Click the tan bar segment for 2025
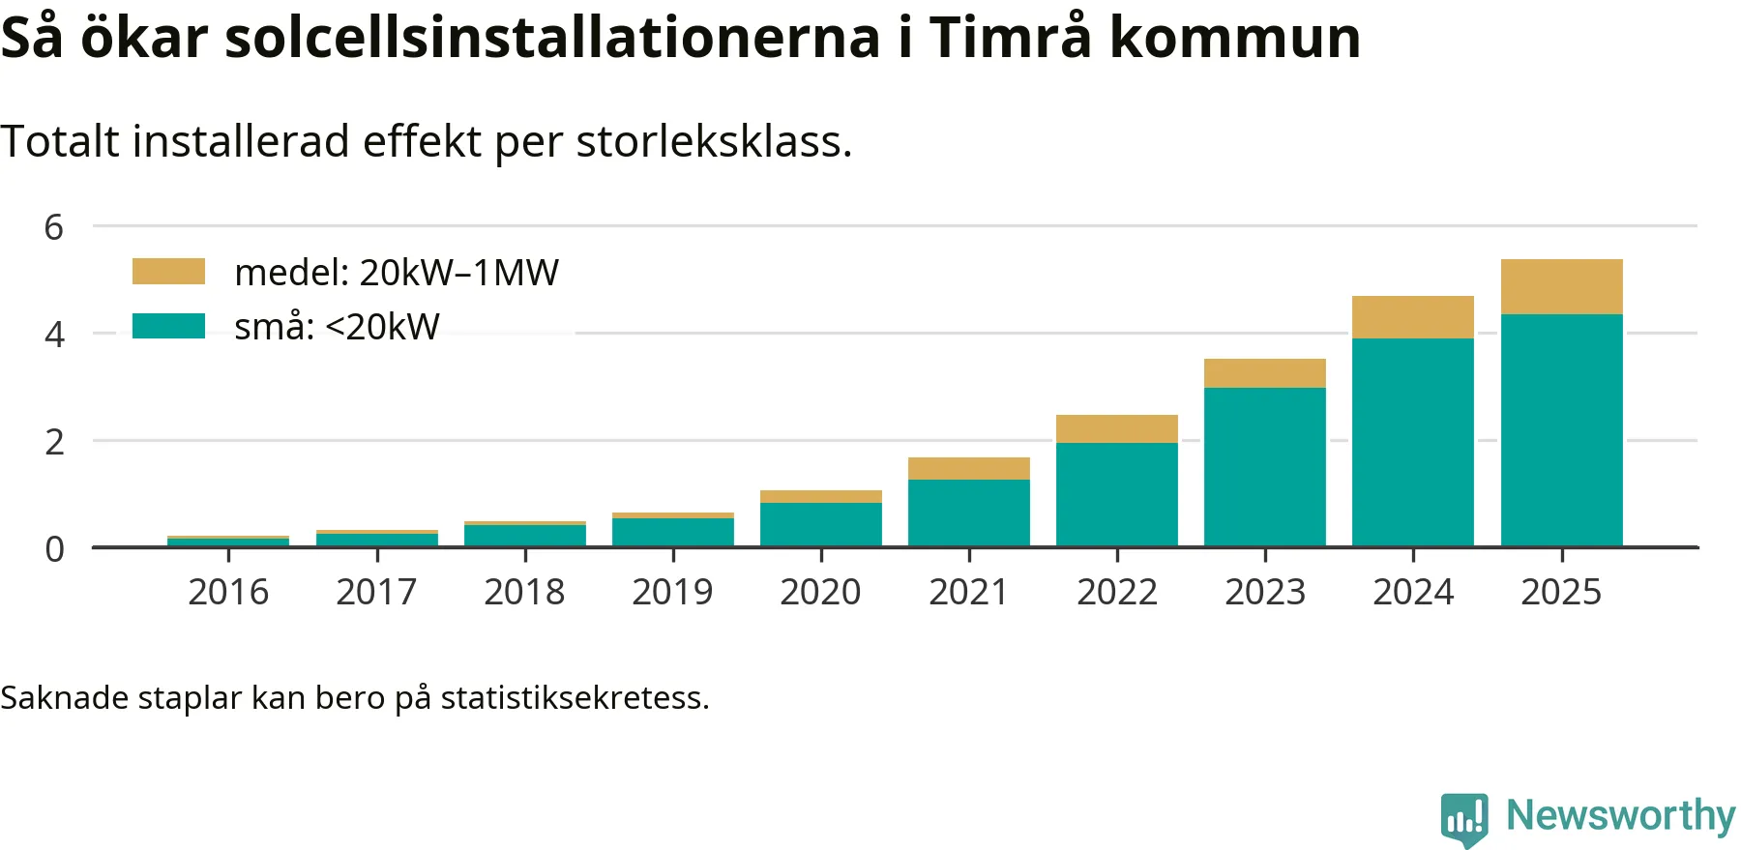(x=1561, y=286)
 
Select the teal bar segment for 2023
(x=1264, y=467)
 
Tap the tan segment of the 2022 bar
(x=1116, y=428)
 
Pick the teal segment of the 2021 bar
(x=968, y=513)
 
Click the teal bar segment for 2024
(x=1412, y=442)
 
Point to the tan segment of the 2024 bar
(x=1412, y=317)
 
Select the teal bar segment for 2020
(x=820, y=524)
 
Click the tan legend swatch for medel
(x=168, y=272)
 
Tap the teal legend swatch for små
(x=168, y=326)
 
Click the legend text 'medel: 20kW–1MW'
(x=397, y=273)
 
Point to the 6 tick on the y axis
(x=54, y=227)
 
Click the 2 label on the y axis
(x=54, y=442)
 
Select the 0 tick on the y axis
(x=54, y=549)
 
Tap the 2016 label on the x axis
(x=228, y=592)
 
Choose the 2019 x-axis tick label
(x=672, y=592)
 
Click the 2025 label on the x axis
(x=1561, y=592)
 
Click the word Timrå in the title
(x=1010, y=37)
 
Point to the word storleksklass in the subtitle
(x=714, y=142)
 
